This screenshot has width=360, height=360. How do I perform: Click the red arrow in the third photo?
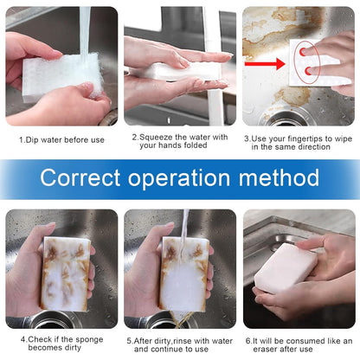[x=263, y=64]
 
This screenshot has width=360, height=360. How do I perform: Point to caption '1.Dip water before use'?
[x=61, y=138]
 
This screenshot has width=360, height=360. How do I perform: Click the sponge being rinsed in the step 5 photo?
[x=183, y=273]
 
